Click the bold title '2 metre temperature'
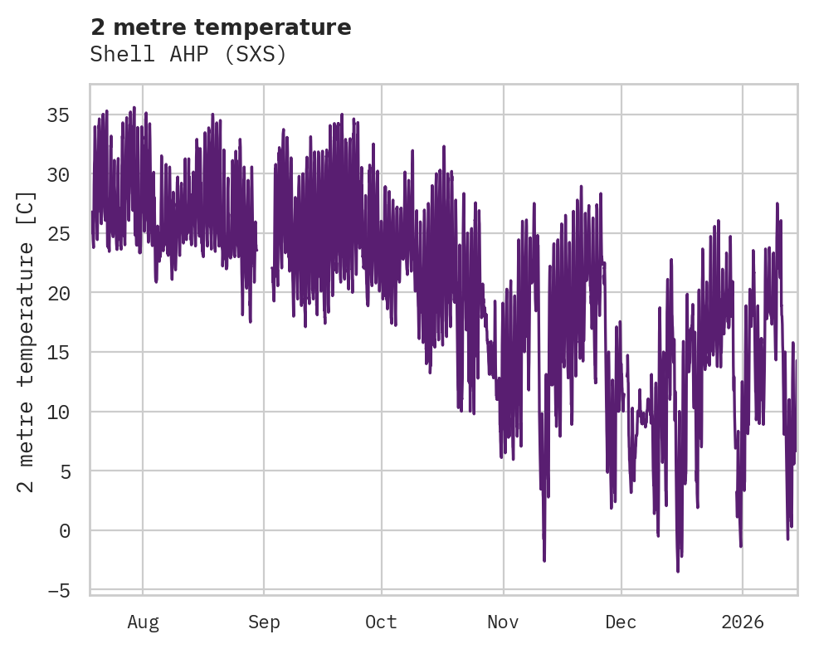pyautogui.click(x=221, y=27)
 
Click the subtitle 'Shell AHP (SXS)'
pyautogui.click(x=188, y=55)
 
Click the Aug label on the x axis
pyautogui.click(x=143, y=622)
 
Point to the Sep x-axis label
pyautogui.click(x=264, y=622)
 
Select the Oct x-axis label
pyautogui.click(x=382, y=622)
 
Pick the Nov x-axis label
pyautogui.click(x=503, y=622)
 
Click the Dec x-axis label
pyautogui.click(x=621, y=622)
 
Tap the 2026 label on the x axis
pyautogui.click(x=742, y=622)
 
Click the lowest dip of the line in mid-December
pyautogui.click(x=678, y=570)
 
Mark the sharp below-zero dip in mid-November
pyautogui.click(x=544, y=560)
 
